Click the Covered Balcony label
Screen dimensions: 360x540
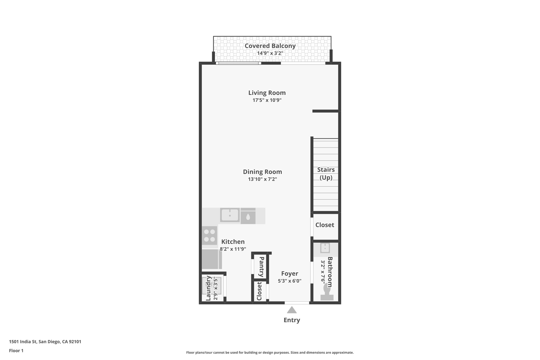270,46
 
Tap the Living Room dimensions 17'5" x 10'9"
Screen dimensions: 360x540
267,100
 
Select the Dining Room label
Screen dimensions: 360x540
262,172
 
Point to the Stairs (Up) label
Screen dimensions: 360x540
326,174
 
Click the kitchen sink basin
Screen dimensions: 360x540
230,215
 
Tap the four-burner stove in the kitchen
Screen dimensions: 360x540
210,236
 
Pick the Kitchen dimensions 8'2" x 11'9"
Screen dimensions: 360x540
233,249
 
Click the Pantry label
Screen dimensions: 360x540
261,267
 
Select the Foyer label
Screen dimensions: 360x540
290,273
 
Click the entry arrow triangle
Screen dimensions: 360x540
292,310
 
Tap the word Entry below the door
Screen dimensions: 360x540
292,320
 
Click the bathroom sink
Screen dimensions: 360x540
325,248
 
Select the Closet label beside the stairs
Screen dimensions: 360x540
325,225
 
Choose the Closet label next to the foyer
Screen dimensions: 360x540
259,291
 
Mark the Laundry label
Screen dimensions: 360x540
209,288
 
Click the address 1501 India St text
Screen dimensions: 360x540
45,342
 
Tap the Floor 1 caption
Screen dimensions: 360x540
16,351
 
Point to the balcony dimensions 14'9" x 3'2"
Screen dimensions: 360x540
270,53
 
